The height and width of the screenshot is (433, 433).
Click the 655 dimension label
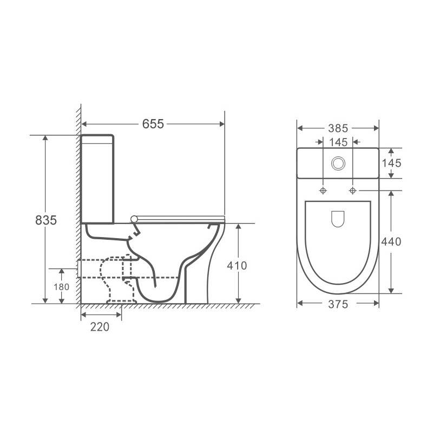click(153, 124)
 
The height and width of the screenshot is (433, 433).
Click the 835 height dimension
click(46, 220)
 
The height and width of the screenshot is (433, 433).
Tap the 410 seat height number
click(237, 266)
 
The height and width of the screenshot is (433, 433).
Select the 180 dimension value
click(61, 287)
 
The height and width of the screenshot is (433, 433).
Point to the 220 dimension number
click(100, 327)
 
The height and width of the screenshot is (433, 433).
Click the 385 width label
click(338, 128)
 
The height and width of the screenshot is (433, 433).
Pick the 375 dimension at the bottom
click(338, 304)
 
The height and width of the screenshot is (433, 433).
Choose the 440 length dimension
click(391, 241)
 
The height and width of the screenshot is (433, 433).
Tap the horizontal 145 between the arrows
click(338, 142)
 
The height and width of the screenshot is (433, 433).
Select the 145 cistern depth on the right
click(391, 163)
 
